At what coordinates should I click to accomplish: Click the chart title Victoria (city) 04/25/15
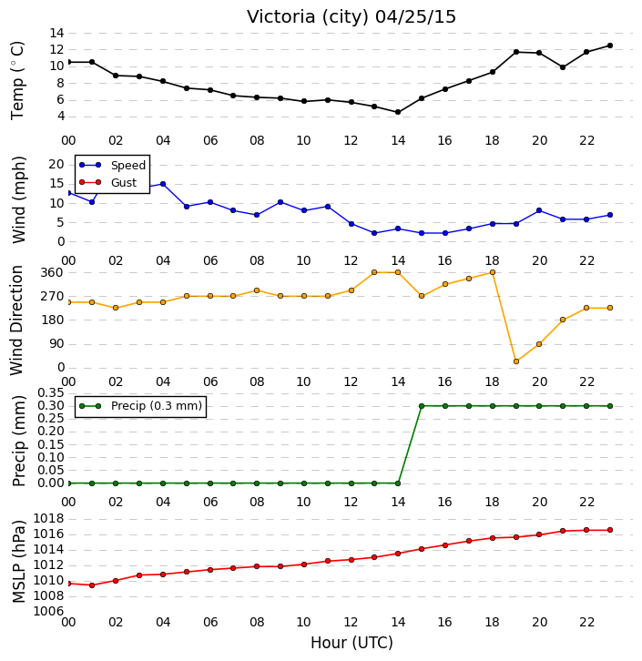352,17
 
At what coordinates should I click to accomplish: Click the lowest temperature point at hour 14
398,112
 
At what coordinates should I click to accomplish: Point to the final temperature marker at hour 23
610,46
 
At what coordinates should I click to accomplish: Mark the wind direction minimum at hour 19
516,361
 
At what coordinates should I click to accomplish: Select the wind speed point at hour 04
163,184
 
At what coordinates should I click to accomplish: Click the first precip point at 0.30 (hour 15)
422,406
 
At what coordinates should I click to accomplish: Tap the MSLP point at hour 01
92,585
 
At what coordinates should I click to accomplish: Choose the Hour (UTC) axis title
352,643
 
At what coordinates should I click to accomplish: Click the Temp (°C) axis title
17,80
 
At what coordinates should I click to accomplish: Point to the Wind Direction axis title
16,320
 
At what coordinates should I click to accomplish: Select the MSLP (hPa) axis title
18,562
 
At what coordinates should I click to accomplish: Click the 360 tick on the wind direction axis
52,273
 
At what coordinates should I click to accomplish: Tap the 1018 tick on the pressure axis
48,519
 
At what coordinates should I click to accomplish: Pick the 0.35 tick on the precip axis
51,393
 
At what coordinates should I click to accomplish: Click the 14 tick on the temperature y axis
56,33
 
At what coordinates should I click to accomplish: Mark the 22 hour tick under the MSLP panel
586,622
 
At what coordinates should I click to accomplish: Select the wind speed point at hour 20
539,210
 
